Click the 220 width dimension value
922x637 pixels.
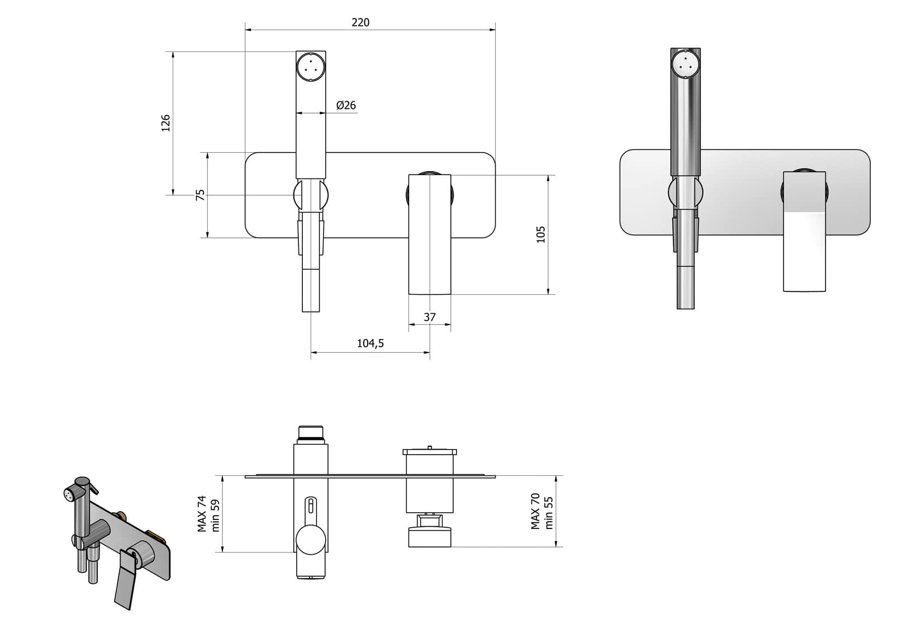[360, 22]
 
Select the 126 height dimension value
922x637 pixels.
[165, 123]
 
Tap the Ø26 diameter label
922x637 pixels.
[346, 105]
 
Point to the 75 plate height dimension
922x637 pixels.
[200, 195]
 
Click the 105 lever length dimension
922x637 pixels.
[540, 234]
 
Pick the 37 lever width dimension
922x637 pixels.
[429, 317]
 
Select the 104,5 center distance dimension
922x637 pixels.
[370, 343]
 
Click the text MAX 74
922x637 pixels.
[202, 513]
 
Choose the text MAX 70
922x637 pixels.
[535, 511]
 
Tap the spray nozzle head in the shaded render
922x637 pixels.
[685, 63]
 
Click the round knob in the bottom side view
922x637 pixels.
[311, 540]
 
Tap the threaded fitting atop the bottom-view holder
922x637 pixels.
[311, 432]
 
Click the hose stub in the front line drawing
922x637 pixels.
[311, 290]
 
